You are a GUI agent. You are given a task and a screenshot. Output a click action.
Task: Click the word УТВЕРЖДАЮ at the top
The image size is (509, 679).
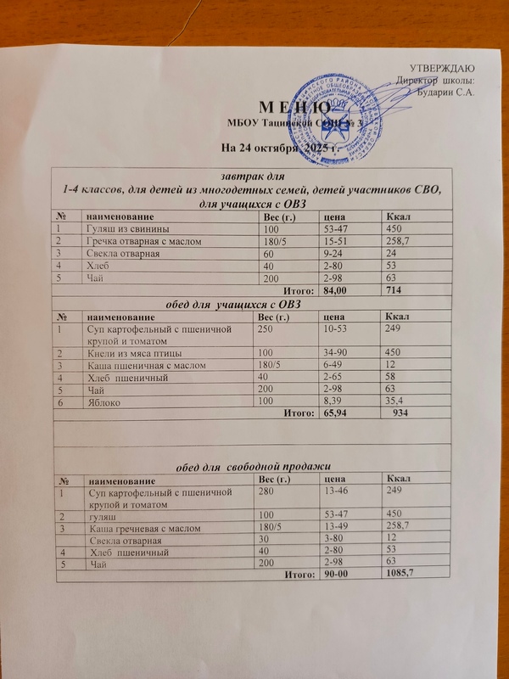click(x=442, y=68)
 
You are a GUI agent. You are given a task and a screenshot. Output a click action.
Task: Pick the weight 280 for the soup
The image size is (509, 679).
click(x=268, y=491)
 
